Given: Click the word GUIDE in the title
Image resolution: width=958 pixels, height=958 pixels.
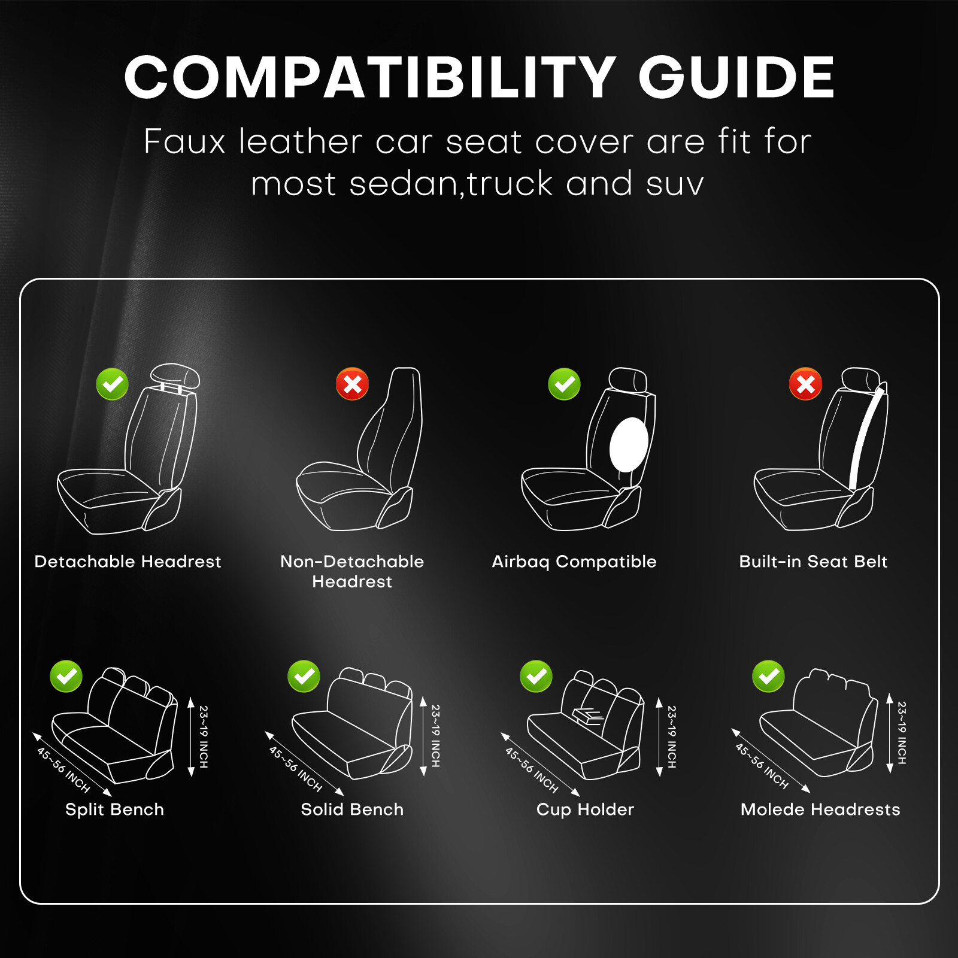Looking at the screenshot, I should [736, 78].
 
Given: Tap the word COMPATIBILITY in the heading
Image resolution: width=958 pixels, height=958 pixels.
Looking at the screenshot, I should [369, 78].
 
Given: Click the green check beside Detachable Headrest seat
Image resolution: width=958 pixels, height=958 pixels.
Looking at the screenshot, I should [113, 384].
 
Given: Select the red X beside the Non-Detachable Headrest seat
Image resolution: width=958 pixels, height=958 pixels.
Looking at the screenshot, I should [353, 384].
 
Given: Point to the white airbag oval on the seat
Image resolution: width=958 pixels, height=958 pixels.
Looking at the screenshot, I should [629, 444].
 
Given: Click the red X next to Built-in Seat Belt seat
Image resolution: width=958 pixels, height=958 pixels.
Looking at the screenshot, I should [805, 384].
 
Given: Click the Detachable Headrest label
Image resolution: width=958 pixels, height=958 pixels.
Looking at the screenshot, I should [128, 562].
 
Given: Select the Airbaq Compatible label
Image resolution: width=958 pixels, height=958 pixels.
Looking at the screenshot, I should [574, 562].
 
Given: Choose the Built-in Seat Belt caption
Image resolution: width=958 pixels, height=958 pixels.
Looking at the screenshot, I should [813, 562].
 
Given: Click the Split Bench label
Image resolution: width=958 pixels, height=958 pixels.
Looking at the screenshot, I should [114, 810].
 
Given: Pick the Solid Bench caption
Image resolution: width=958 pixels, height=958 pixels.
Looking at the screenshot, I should [352, 810].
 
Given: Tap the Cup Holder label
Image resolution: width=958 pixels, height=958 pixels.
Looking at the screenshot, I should [585, 810].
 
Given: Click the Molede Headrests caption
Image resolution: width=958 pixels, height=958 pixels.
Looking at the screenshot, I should [820, 810].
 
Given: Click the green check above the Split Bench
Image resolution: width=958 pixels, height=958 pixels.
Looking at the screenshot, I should [66, 677].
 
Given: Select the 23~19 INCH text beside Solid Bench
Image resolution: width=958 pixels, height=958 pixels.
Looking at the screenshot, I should [435, 736].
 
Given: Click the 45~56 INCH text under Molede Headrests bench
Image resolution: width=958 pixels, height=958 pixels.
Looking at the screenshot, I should [762, 766].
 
